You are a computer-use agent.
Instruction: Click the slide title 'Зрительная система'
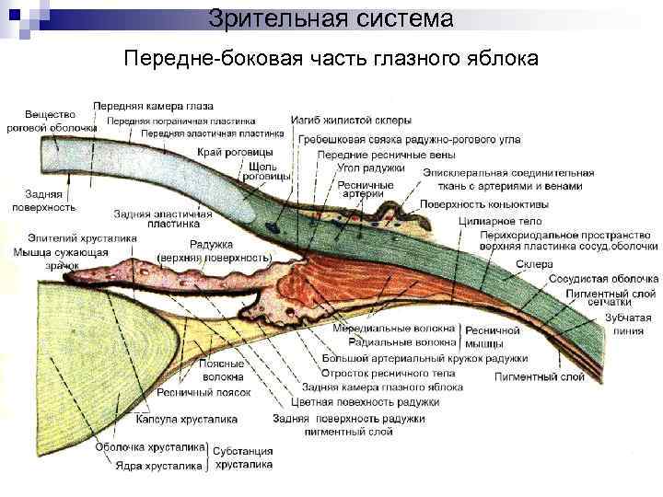click(331, 18)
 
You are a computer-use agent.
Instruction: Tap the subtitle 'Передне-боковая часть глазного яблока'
click(331, 58)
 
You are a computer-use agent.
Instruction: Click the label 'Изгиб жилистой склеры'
click(351, 120)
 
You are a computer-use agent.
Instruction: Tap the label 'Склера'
click(533, 262)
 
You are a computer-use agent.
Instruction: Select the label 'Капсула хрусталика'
click(186, 419)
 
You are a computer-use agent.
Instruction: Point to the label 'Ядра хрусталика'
click(158, 466)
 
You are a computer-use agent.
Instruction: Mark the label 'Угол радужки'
click(372, 168)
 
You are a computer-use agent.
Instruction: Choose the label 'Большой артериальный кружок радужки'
click(425, 358)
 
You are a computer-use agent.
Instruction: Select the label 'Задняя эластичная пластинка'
click(163, 219)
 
